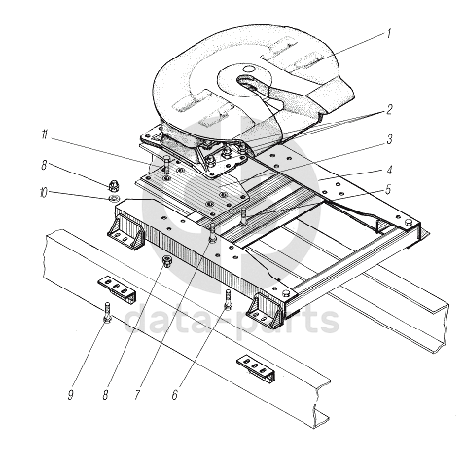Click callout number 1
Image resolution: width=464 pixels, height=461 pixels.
coord(389,34)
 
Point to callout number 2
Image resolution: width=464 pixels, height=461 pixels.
coord(389,109)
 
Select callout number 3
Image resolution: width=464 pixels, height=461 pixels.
coord(389,139)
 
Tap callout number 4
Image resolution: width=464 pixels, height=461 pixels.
coord(389,171)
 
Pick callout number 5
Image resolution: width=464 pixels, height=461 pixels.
coord(388,190)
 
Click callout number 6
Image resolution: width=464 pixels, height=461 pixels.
coord(175,395)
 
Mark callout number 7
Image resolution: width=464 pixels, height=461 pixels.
coord(137,395)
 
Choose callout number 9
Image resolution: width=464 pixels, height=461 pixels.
coord(70,395)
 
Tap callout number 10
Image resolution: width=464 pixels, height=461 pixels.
coord(43,193)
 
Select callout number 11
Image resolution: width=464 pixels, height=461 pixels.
coord(45,134)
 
